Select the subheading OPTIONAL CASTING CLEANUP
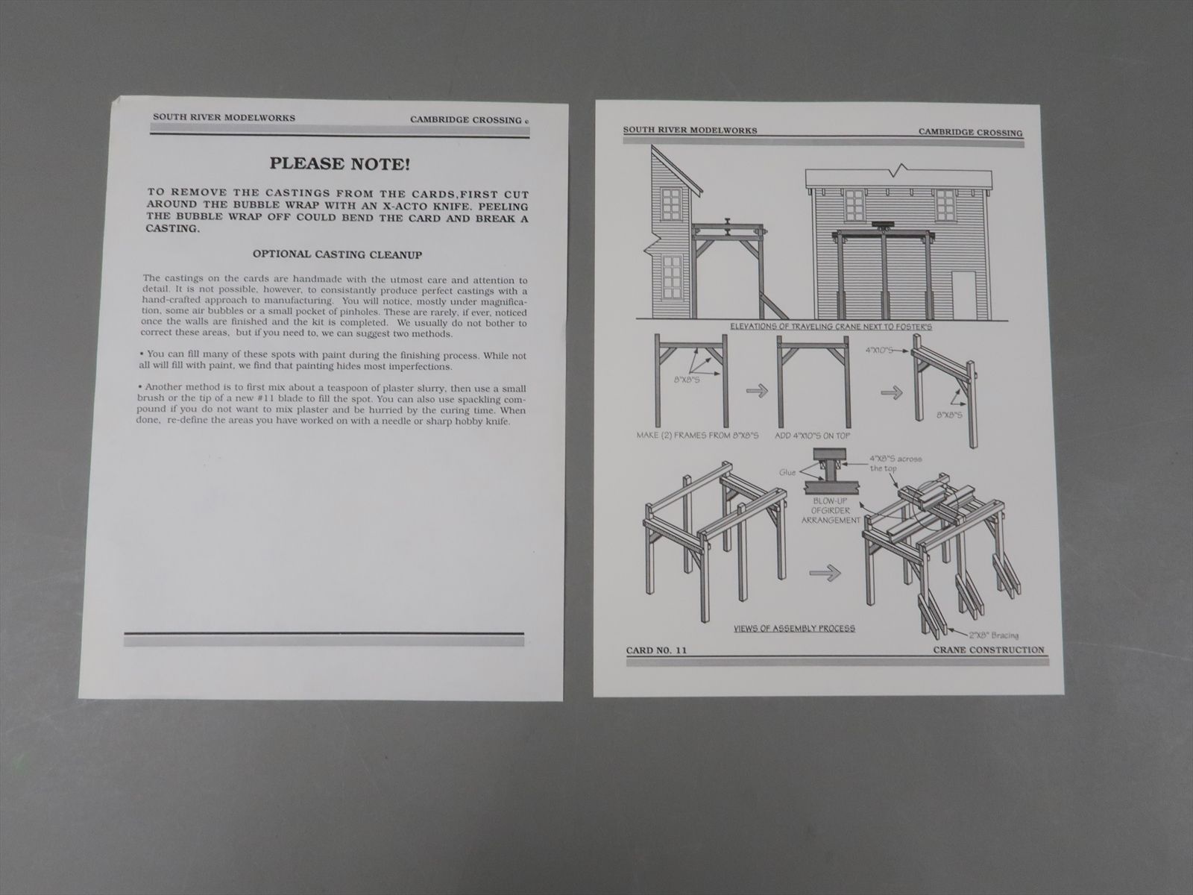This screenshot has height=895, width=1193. [338, 254]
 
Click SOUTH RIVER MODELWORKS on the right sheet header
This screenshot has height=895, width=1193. [690, 131]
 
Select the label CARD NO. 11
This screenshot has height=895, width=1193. [655, 650]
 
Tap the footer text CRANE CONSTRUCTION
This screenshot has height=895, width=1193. [988, 650]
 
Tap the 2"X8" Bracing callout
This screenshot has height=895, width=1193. [994, 635]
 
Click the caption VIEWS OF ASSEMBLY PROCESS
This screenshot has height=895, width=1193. [794, 628]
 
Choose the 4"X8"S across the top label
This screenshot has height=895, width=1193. [895, 462]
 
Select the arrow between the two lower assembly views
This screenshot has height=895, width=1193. [824, 574]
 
